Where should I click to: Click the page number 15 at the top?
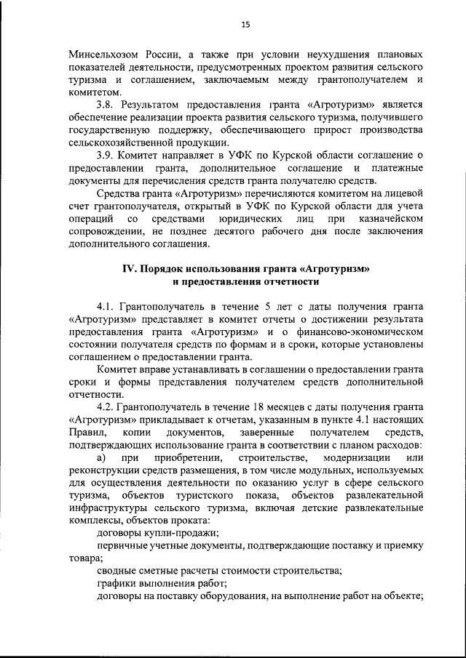pos(245,25)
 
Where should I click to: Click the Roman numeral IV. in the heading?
pos(130,268)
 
